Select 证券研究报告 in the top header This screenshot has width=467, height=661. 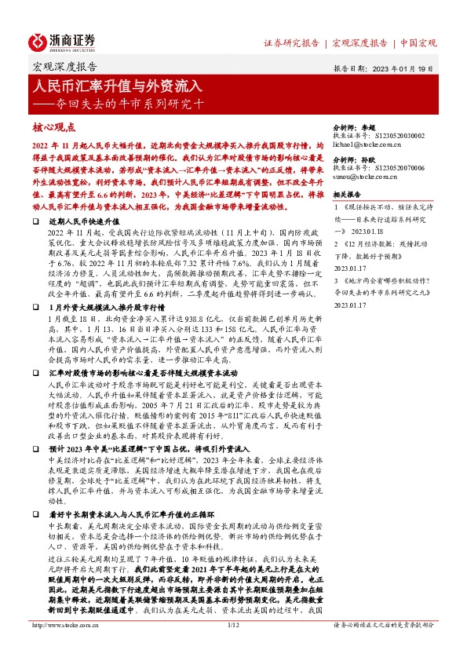coord(294,42)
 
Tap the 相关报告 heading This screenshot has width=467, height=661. coord(347,193)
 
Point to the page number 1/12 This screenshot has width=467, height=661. coord(233,647)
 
